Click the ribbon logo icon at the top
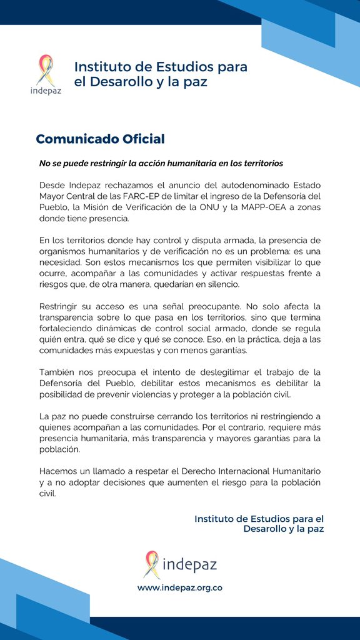pos(46,69)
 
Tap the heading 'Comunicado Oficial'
pos(100,139)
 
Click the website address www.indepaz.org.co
pos(180,587)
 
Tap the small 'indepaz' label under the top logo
pos(46,89)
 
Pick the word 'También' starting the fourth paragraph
pos(57,372)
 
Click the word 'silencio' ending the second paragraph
pos(230,285)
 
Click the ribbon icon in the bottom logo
pos(151,564)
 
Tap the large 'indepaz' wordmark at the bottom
pos(189,566)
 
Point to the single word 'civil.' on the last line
pos(47,493)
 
